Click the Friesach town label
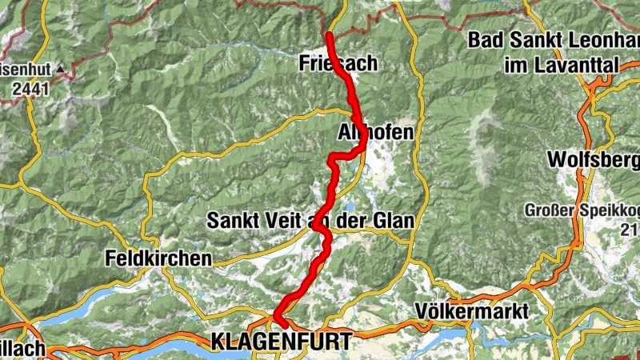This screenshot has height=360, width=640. click(337, 62)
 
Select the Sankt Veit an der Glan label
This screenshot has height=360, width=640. click(310, 219)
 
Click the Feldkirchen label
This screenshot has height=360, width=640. click(158, 258)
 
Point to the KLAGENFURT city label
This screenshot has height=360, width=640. click(281, 342)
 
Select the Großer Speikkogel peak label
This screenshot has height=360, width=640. click(581, 211)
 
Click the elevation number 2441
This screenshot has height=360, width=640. click(30, 89)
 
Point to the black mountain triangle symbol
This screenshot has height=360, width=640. click(59, 70)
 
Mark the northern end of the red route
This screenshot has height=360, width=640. click(329, 35)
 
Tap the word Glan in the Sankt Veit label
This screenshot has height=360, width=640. click(391, 219)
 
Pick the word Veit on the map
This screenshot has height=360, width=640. click(286, 219)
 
